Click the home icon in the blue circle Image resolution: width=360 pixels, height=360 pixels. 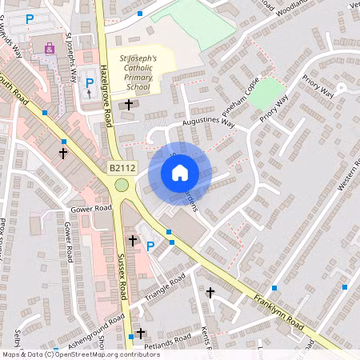(x=180, y=172)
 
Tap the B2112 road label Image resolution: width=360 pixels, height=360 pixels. (x=122, y=168)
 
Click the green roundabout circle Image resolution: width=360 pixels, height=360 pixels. (x=122, y=185)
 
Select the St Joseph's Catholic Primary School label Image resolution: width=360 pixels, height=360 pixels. (x=138, y=74)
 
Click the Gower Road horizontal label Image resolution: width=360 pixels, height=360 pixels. (x=90, y=208)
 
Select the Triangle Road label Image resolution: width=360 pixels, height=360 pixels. (x=166, y=288)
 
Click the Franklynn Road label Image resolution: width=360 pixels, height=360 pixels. (x=279, y=312)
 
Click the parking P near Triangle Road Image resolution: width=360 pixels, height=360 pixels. (x=149, y=246)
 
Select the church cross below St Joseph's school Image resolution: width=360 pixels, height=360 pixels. (x=128, y=105)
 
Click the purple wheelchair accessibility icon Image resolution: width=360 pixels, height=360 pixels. (x=50, y=49)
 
